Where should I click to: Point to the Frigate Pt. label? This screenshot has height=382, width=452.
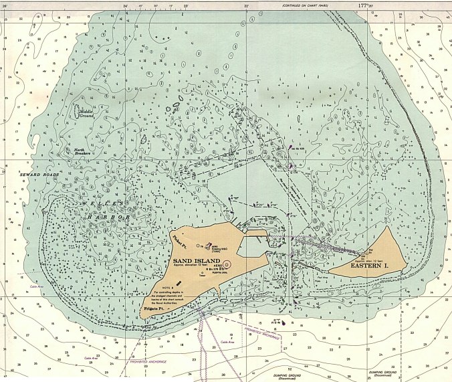[x=154, y=308]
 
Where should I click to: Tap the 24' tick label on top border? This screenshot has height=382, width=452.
[x=125, y=6]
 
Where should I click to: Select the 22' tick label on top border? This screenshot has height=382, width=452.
[x=247, y=6]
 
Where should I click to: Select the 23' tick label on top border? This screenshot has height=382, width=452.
[x=186, y=6]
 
